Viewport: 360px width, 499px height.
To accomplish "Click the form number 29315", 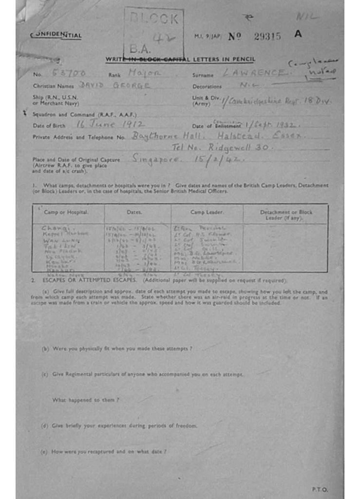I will [267, 36].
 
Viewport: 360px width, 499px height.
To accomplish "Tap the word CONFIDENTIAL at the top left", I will [56, 35].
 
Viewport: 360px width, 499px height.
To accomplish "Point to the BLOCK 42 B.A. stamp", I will [153, 33].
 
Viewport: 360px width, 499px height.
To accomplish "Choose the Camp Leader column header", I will [207, 212].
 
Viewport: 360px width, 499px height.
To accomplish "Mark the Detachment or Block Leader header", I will [285, 215].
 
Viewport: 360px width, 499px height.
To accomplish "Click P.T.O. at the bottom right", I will [320, 489].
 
